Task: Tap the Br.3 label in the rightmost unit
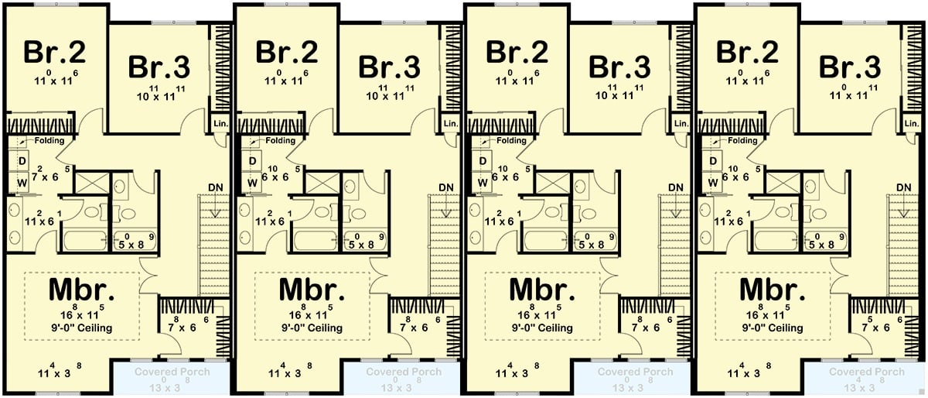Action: tap(851, 67)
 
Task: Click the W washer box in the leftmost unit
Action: tap(22, 183)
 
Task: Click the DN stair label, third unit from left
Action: tap(676, 187)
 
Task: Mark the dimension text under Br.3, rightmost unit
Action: tap(849, 95)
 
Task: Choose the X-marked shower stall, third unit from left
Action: tap(551, 184)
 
